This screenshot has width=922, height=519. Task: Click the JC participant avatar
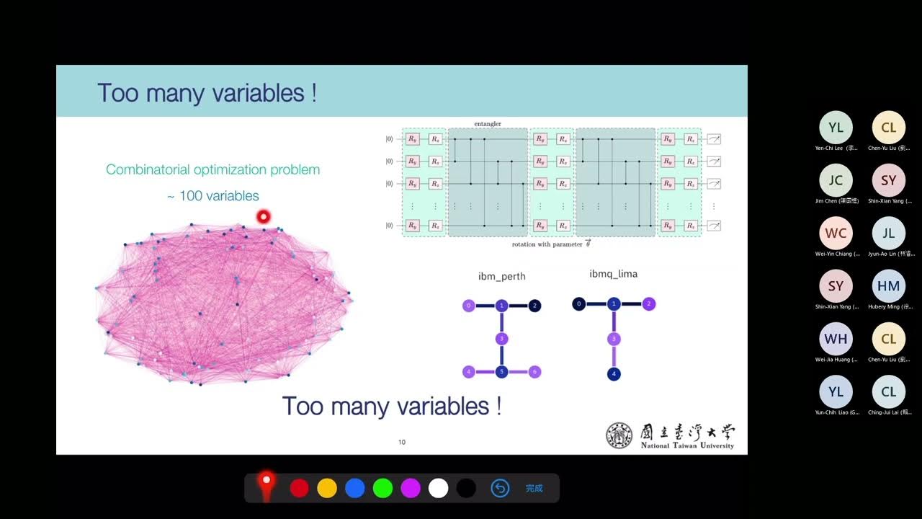point(836,180)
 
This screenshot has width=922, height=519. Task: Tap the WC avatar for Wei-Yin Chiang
point(836,233)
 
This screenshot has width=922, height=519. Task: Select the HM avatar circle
point(889,286)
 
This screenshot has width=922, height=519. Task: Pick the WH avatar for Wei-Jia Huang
point(836,339)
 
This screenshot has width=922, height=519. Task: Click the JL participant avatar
point(889,233)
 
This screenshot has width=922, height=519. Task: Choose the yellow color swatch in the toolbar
point(327,488)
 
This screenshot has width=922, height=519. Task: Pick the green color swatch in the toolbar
point(382,488)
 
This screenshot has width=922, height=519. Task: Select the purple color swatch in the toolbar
point(411,488)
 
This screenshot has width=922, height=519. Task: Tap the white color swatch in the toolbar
point(438,488)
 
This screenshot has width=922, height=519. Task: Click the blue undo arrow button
point(500,488)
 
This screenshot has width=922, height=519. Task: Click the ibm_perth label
point(502,276)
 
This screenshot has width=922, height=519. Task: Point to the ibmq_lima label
point(613,274)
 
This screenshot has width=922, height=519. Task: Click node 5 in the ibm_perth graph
point(502,372)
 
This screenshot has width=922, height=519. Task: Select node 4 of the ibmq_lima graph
point(614,374)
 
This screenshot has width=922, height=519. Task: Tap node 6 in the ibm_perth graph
point(534,372)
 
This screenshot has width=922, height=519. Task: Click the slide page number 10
point(402,442)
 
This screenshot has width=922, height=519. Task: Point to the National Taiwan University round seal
point(619,435)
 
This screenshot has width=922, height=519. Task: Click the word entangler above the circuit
point(488,124)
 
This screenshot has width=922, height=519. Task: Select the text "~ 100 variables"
point(213,196)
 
